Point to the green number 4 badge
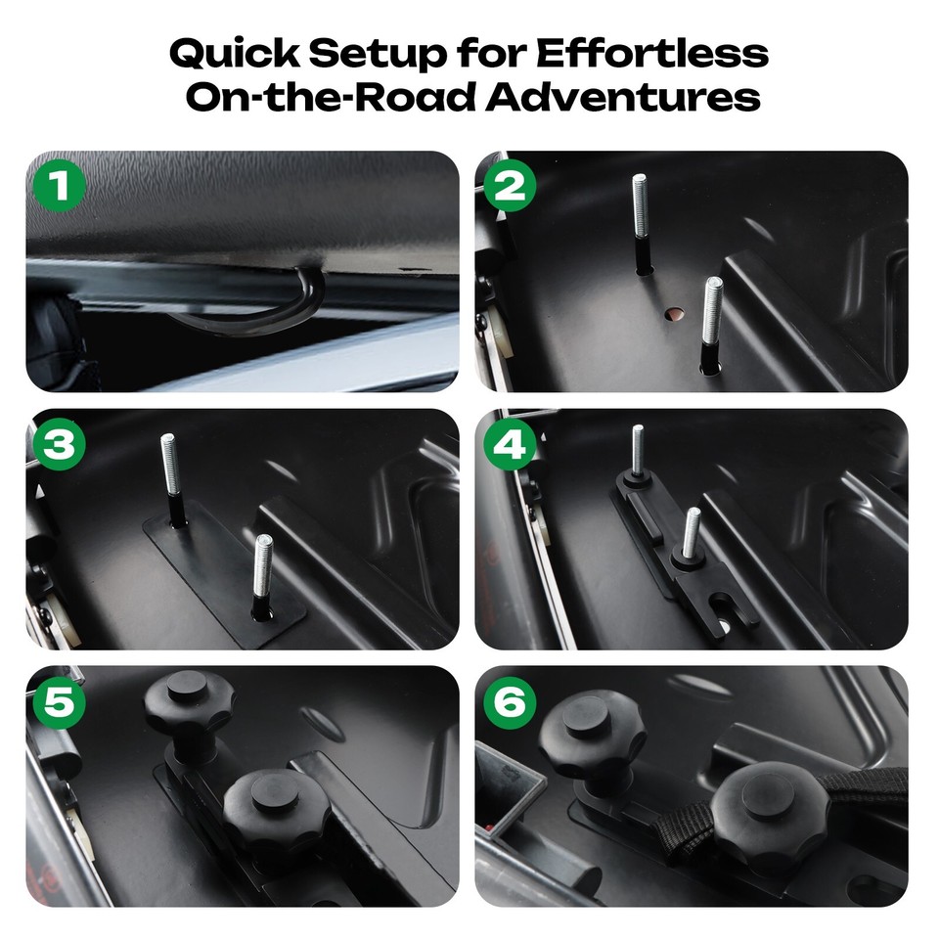click(509, 444)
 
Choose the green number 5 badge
click(60, 702)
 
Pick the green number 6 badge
click(509, 702)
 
